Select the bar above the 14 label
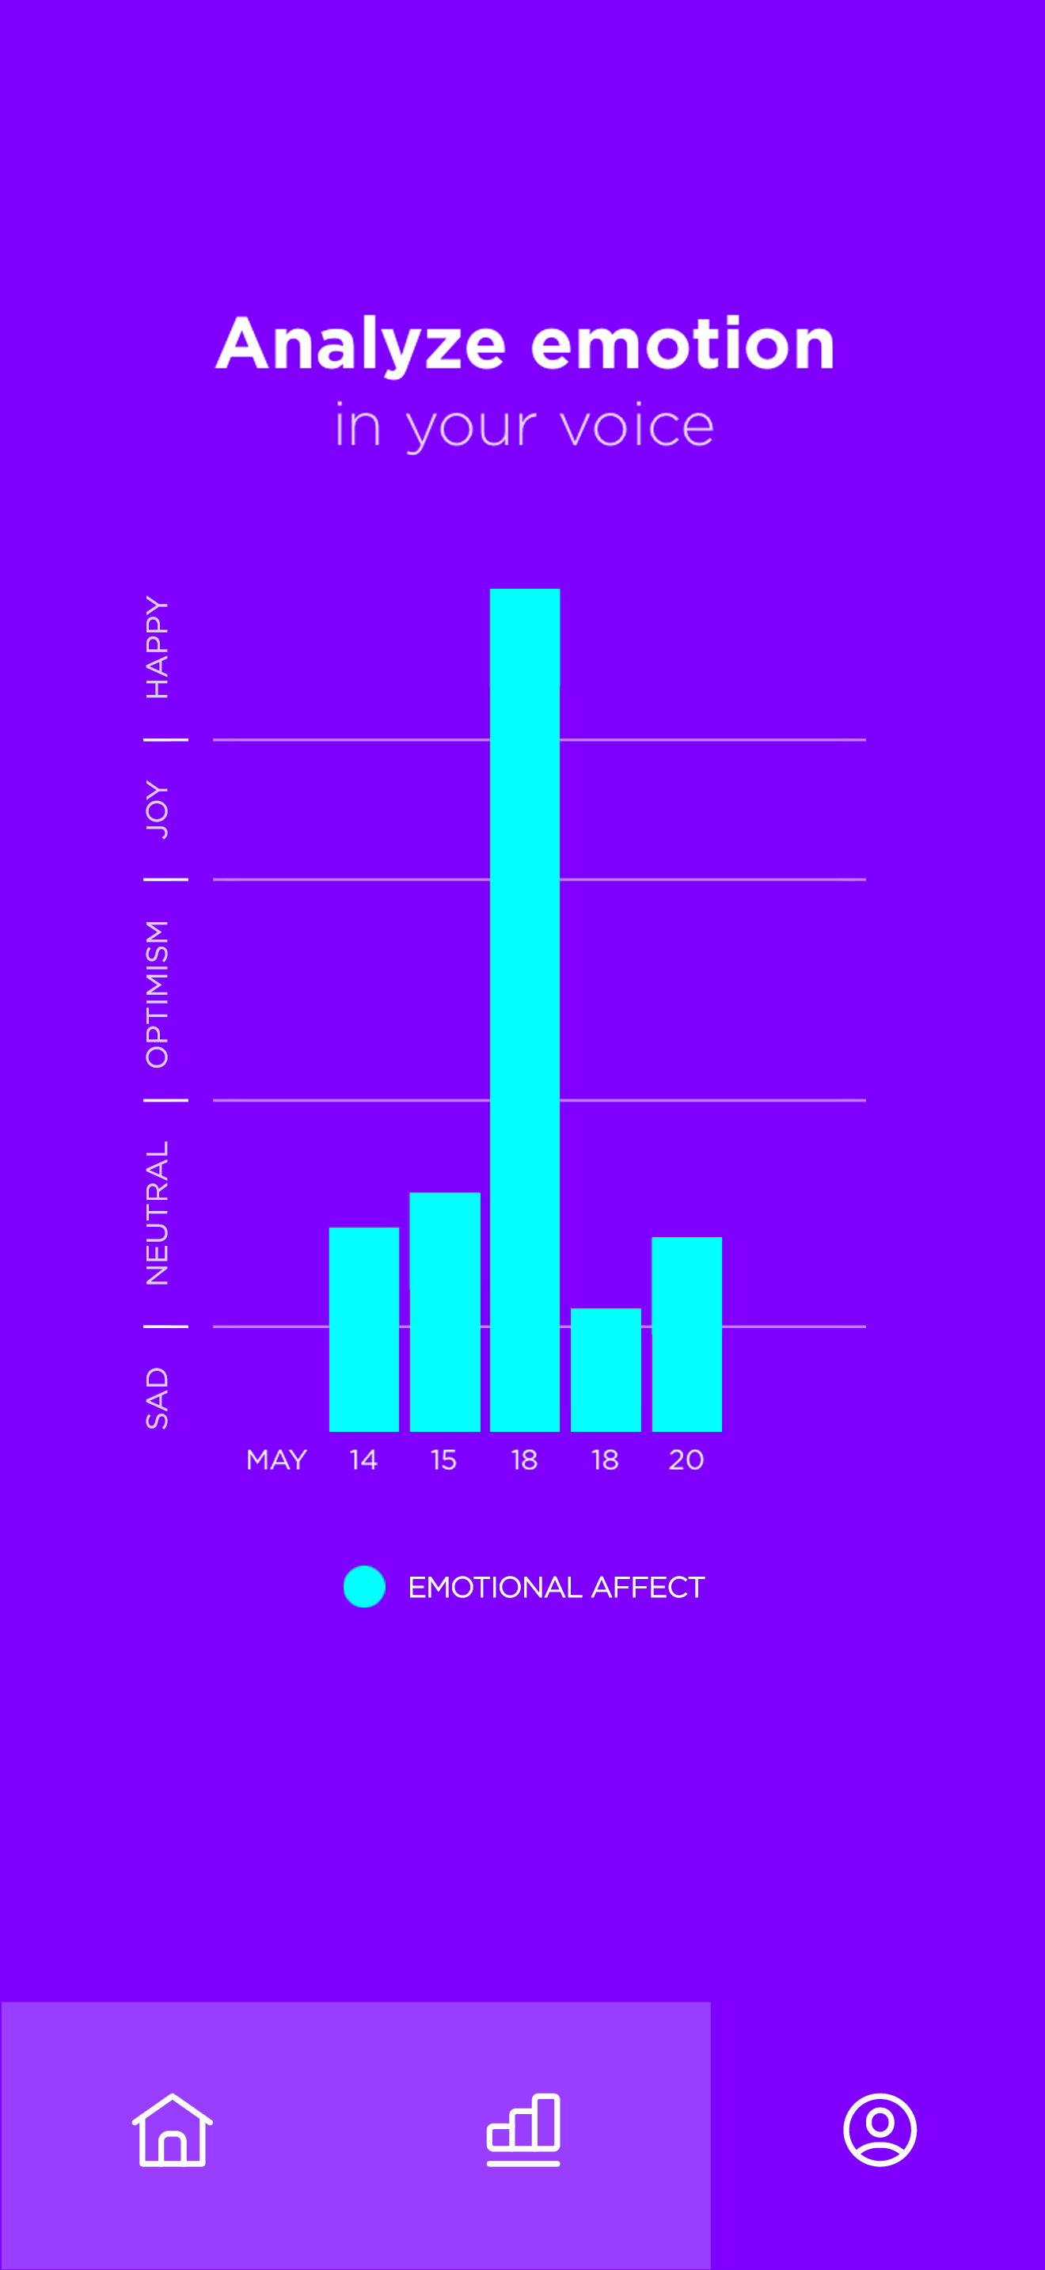point(364,1329)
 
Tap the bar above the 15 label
point(444,1312)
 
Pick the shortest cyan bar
point(606,1369)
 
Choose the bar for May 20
point(686,1334)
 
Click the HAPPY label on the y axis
point(157,647)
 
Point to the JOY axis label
point(157,809)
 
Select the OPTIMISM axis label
point(157,993)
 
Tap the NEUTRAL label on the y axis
point(157,1213)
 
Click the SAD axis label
point(157,1398)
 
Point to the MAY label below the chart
point(276,1460)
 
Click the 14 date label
point(363,1460)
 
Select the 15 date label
point(444,1460)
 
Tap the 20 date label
point(686,1460)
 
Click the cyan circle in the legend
point(364,1586)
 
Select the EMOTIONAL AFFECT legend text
point(556,1587)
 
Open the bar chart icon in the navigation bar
point(523,2130)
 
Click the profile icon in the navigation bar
point(880,2130)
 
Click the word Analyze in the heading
point(361,344)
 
